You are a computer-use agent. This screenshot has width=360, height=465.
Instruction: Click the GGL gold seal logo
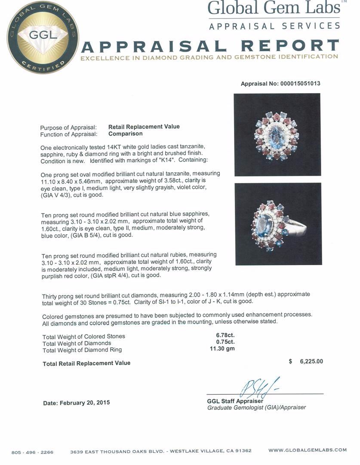(43, 37)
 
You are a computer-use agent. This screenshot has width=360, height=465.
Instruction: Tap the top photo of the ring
(277, 135)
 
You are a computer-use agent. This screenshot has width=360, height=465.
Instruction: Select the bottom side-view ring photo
(278, 224)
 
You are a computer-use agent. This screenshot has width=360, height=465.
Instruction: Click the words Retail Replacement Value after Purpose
(144, 127)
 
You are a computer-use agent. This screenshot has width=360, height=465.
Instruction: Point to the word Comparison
(126, 134)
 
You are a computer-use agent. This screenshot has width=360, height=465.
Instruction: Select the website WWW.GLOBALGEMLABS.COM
(307, 450)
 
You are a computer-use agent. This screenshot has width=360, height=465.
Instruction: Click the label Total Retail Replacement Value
(86, 363)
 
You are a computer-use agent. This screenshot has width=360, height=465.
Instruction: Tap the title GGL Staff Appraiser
(235, 401)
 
